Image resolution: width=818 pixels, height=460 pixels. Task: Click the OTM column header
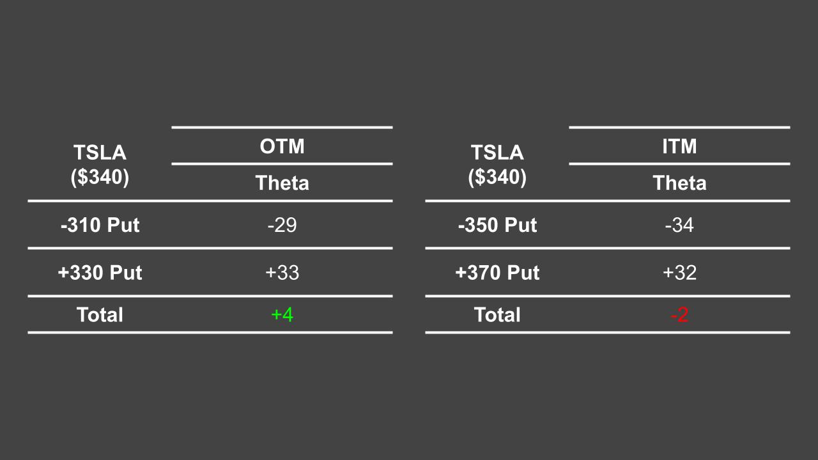tap(282, 146)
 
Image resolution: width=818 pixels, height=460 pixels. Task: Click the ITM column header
tap(679, 146)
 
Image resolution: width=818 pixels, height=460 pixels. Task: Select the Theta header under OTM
tap(282, 183)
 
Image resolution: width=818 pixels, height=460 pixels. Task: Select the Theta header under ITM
tap(679, 183)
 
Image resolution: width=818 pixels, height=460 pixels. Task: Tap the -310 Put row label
tap(100, 225)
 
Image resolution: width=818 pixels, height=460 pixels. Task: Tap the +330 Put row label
tap(100, 273)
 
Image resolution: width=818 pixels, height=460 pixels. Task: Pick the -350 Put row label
tap(497, 225)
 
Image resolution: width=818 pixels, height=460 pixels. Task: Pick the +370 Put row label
tap(497, 273)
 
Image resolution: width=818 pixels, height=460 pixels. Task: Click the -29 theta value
tap(282, 225)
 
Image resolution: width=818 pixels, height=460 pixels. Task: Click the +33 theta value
tap(282, 273)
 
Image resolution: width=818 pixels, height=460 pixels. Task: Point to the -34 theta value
tap(679, 225)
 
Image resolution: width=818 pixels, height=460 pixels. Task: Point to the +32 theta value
tap(679, 273)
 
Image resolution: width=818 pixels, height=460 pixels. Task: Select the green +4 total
tap(282, 314)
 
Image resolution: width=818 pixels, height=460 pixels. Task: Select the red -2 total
tap(679, 314)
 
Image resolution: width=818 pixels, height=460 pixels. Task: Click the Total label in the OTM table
tap(100, 314)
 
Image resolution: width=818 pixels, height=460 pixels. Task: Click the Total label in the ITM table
tap(497, 314)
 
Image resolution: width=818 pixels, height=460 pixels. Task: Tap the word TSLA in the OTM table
tap(100, 153)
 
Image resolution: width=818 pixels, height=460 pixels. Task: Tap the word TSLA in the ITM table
tap(497, 153)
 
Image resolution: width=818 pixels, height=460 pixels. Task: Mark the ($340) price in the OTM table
tap(100, 177)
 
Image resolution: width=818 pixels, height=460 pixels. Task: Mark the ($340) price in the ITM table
tap(497, 177)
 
